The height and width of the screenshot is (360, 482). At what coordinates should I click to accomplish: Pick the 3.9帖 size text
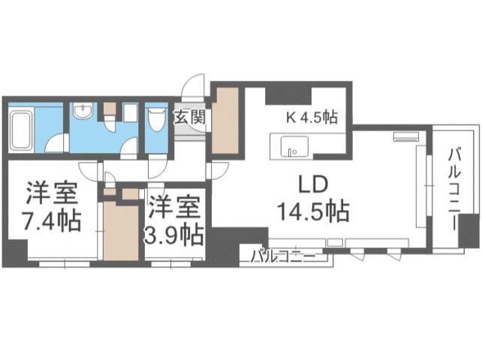click(173, 235)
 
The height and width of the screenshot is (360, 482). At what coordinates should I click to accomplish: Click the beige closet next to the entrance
click(225, 120)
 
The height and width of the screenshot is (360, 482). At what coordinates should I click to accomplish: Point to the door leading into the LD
click(214, 169)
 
